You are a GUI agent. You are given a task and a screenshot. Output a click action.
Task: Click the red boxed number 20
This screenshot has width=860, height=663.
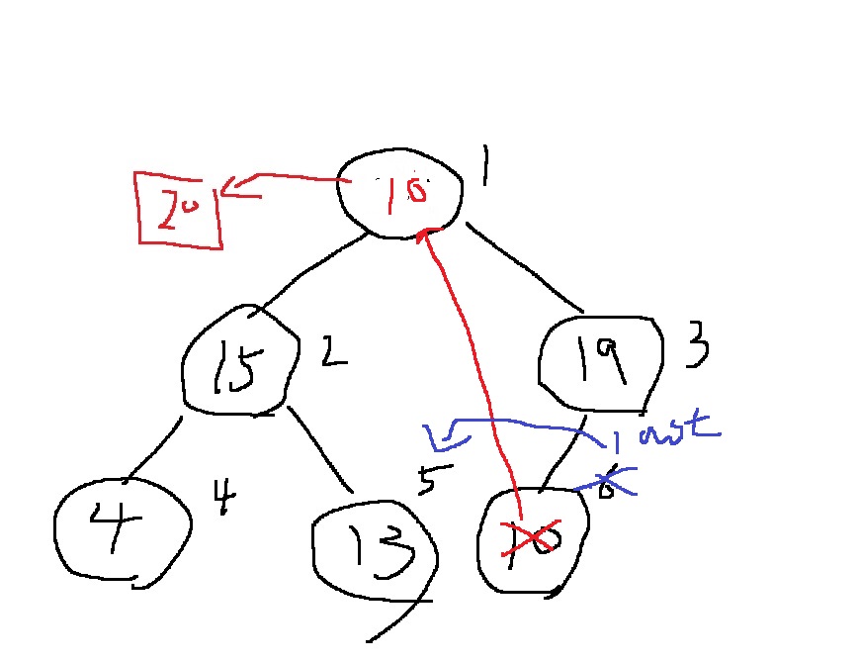[x=179, y=209]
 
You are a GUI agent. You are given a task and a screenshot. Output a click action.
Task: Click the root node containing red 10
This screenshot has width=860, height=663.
[x=400, y=192]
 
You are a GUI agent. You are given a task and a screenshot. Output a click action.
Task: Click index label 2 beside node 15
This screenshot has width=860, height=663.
[x=333, y=351]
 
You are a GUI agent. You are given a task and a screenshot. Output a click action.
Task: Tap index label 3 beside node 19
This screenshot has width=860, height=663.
[x=697, y=347]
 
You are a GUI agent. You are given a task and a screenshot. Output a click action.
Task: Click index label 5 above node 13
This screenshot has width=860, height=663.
[x=427, y=478]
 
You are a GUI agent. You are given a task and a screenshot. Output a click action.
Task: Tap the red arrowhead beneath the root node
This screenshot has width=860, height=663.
[x=425, y=236]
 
